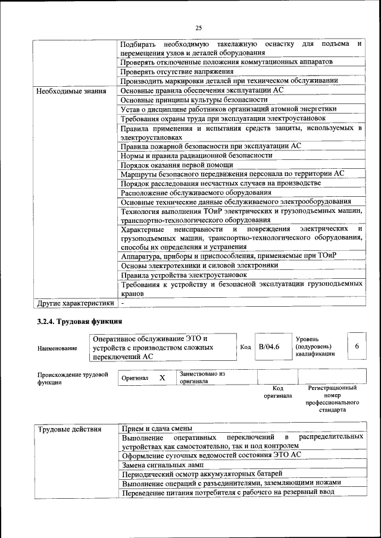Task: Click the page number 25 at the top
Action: (x=198, y=27)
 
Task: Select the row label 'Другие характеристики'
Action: (x=74, y=303)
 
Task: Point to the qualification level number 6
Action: (x=356, y=347)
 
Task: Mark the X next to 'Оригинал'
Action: (x=162, y=377)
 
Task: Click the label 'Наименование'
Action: (x=57, y=348)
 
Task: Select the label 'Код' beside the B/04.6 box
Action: (x=245, y=347)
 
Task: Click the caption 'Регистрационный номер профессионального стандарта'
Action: (x=332, y=398)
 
